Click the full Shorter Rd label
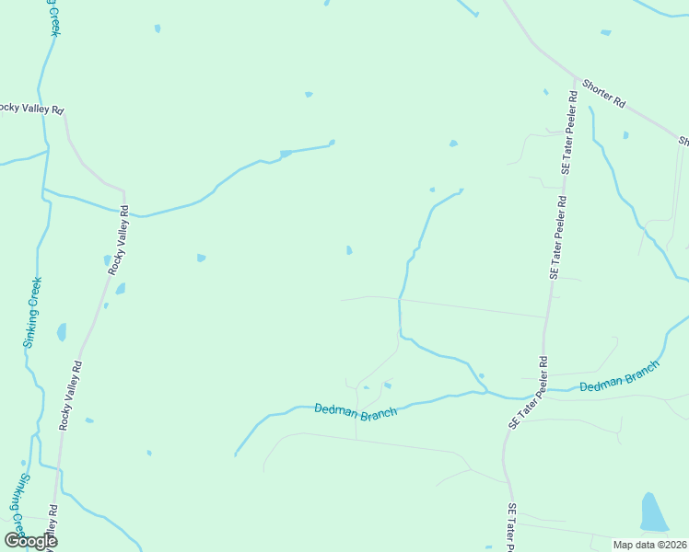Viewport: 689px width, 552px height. coord(604,95)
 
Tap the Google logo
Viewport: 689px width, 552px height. coord(30,541)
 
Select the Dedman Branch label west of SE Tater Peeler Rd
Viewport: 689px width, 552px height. coord(356,410)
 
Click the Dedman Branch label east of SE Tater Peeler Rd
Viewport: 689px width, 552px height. coord(620,374)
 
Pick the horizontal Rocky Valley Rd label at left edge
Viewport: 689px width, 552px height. coord(30,109)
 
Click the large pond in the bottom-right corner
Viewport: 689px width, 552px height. coord(653,513)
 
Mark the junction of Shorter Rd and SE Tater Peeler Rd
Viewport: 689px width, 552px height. coord(575,77)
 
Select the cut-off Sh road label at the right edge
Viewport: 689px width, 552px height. coord(683,141)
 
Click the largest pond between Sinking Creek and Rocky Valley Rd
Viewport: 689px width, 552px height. coord(62,332)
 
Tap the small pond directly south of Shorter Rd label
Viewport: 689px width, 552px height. coord(625,135)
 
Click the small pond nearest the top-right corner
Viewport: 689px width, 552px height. coord(605,33)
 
